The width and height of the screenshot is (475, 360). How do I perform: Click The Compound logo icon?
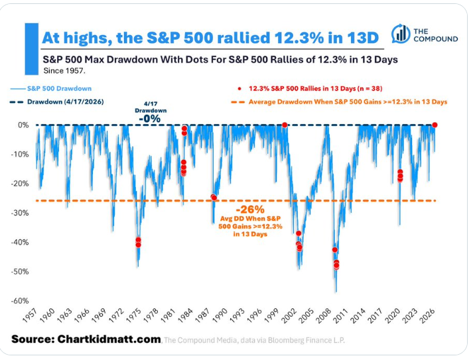coord(400,34)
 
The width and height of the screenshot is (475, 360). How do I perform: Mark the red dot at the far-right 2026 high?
coord(435,125)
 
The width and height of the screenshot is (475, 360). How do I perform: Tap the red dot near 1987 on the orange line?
coord(214,197)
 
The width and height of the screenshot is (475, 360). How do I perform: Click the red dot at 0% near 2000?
coord(285,125)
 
